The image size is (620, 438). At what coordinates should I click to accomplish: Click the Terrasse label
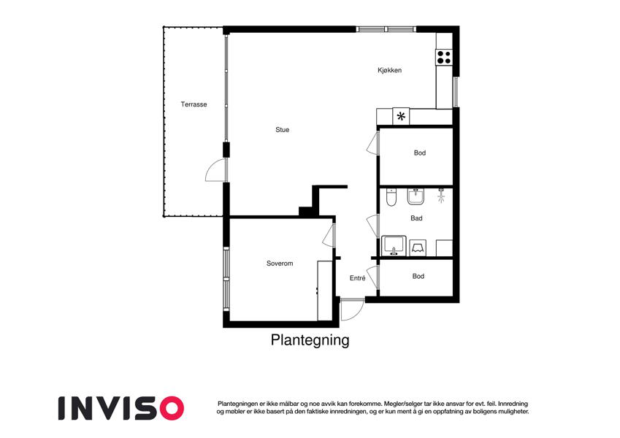[x=194, y=104]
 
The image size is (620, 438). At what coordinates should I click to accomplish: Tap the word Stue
[x=282, y=130]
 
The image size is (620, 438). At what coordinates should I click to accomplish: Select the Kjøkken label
[x=389, y=71]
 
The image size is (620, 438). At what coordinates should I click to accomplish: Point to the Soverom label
[x=280, y=264]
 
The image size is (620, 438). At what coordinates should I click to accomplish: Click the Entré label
[x=357, y=277]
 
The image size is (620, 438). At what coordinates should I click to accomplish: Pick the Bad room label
[x=416, y=218]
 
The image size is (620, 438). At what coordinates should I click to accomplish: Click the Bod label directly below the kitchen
[x=419, y=153]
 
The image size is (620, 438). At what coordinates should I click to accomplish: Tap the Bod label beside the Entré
[x=418, y=277]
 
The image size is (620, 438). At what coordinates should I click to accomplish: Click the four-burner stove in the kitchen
[x=444, y=56]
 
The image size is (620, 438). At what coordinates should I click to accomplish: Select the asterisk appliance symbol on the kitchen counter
[x=400, y=116]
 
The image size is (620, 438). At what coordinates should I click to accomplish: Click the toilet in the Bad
[x=391, y=198]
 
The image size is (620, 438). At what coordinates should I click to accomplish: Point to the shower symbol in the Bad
[x=440, y=195]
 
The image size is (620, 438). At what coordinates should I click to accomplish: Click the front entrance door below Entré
[x=351, y=310]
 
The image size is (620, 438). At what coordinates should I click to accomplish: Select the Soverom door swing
[x=328, y=235]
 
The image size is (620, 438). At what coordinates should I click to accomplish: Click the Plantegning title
[x=310, y=340]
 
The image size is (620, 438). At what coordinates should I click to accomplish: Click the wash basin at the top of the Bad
[x=418, y=196]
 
